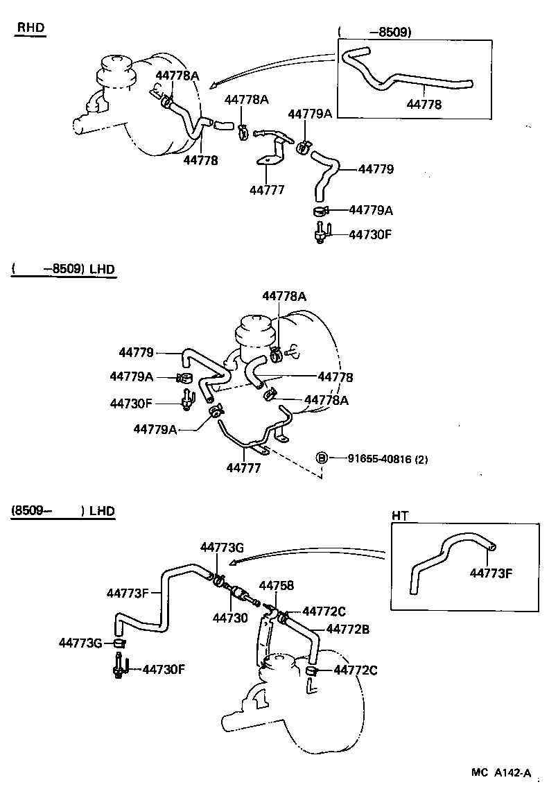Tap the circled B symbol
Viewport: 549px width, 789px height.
point(322,458)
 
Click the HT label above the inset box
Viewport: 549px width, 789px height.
point(400,515)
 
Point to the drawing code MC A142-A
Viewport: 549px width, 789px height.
point(503,773)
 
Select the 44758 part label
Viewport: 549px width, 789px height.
point(277,586)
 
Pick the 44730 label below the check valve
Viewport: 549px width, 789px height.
point(229,617)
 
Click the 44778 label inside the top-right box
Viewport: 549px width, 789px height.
point(424,105)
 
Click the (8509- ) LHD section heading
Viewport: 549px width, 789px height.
point(62,512)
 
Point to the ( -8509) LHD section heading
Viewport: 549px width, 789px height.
point(62,269)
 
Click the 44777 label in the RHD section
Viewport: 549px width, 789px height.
point(267,189)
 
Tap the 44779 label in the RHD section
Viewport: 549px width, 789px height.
point(376,168)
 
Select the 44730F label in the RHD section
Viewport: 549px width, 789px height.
point(370,234)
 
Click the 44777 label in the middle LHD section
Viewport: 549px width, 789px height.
point(243,469)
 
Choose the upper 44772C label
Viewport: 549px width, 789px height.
point(324,611)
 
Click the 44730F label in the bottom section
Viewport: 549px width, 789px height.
point(163,669)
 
